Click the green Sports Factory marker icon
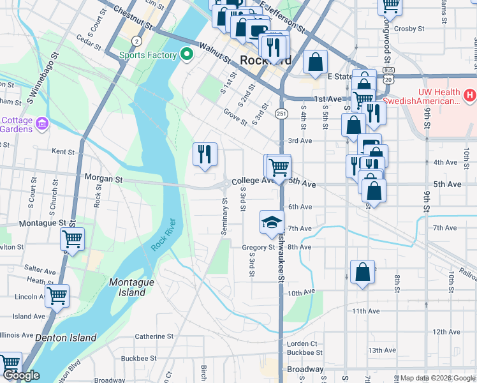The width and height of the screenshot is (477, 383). [187, 55]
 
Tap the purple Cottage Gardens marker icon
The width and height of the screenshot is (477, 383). [42, 123]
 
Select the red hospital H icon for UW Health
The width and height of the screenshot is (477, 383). [470, 96]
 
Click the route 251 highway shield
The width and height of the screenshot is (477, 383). [281, 113]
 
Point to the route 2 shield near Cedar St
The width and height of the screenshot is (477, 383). [136, 40]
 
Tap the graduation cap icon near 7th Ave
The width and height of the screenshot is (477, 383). [271, 222]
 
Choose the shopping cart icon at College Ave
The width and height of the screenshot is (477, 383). [278, 167]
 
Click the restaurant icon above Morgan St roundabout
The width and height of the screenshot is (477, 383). [205, 154]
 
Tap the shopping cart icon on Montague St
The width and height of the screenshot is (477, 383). [72, 239]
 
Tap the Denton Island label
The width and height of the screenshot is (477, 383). [66, 338]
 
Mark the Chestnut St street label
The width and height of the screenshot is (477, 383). [133, 19]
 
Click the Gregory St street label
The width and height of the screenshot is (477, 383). [258, 248]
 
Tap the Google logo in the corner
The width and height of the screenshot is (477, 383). [21, 375]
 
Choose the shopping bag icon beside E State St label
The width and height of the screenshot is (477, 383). [316, 63]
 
